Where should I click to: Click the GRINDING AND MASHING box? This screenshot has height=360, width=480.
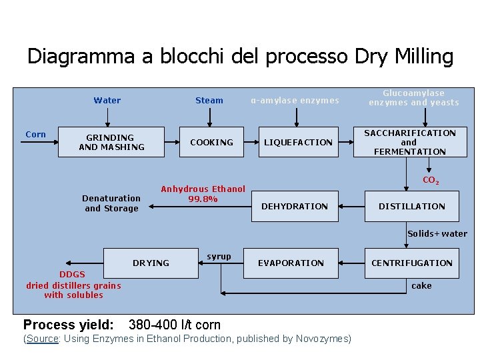(111, 142)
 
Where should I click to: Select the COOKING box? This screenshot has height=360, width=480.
(211, 142)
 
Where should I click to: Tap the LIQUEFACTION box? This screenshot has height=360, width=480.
(298, 142)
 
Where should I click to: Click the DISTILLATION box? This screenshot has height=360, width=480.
(411, 206)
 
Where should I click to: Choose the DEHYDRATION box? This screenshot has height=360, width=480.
(295, 206)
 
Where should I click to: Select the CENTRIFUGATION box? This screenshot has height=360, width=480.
(411, 263)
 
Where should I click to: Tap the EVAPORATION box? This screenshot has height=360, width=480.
(291, 263)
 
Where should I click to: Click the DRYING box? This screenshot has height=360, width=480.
(151, 263)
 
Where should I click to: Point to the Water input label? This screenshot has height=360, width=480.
(107, 101)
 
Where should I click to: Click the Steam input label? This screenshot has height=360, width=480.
(209, 101)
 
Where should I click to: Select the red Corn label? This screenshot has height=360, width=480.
(35, 135)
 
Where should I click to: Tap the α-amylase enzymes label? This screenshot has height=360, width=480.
(295, 101)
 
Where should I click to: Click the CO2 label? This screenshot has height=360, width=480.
(431, 180)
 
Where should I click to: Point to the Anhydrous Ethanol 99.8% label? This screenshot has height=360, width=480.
(203, 194)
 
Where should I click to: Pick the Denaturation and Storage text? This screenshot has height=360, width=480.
(111, 203)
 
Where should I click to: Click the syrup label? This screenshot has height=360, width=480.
(219, 257)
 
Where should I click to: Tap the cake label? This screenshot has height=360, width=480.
(421, 285)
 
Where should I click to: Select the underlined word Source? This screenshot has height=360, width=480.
(43, 339)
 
